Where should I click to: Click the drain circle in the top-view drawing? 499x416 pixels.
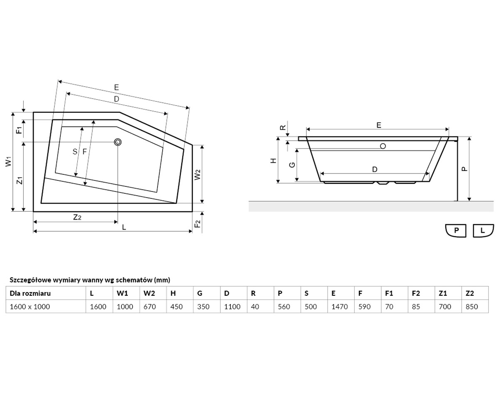point(118,142)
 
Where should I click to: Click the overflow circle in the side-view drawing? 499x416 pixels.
point(383,146)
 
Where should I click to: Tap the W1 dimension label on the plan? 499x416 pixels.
point(9,161)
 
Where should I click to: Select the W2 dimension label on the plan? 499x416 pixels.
point(198,175)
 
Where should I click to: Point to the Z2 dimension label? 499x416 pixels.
point(77,217)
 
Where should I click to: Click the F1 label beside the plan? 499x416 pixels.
point(19,130)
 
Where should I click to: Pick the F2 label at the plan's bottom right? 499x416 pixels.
point(198,224)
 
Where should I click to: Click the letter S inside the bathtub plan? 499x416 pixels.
point(75,151)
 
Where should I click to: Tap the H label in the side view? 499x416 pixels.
point(273,161)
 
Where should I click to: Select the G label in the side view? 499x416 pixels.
point(292,165)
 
